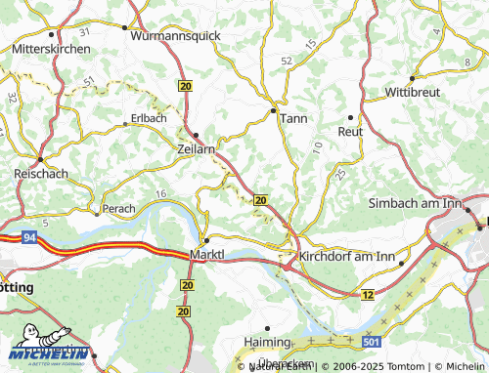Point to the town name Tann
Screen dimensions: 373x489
click(x=293, y=117)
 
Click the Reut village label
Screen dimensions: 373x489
click(x=350, y=131)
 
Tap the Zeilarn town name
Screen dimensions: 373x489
click(x=199, y=149)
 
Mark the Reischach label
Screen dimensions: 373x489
click(x=40, y=172)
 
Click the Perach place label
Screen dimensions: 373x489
click(x=118, y=208)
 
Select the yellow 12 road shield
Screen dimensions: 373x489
click(x=368, y=294)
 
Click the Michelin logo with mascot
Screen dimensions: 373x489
click(x=48, y=352)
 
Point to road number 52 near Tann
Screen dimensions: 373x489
click(x=287, y=61)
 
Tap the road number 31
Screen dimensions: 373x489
click(x=85, y=32)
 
